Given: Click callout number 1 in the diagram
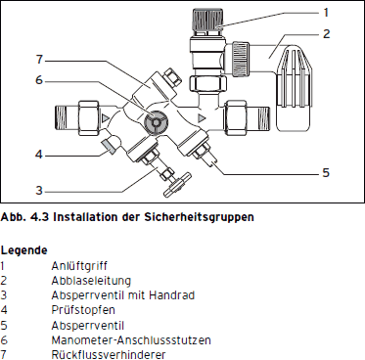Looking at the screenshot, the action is pyautogui.click(x=326, y=13).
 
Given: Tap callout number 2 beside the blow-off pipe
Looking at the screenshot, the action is pyautogui.click(x=327, y=33).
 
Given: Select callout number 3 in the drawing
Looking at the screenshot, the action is pyautogui.click(x=39, y=190).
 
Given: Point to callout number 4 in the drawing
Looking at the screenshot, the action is pyautogui.click(x=39, y=155).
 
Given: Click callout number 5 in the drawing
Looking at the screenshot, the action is pyautogui.click(x=326, y=173).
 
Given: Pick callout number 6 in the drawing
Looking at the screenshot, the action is pyautogui.click(x=39, y=80).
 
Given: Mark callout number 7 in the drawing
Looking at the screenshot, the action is pyautogui.click(x=39, y=60).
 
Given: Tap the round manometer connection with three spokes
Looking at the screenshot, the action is pyautogui.click(x=156, y=122).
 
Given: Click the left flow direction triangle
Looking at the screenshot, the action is pyautogui.click(x=105, y=117).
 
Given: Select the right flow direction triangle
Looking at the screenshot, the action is pyautogui.click(x=202, y=118).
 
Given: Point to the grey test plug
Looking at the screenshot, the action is pyautogui.click(x=109, y=146).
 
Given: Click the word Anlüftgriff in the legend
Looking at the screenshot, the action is pyautogui.click(x=79, y=266).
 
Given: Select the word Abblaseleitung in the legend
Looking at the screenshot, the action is pyautogui.click(x=91, y=281).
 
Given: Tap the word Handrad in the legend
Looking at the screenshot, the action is pyautogui.click(x=172, y=295).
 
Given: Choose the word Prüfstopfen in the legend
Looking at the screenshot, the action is pyautogui.click(x=83, y=310).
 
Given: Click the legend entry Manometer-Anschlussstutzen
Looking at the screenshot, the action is pyautogui.click(x=131, y=340).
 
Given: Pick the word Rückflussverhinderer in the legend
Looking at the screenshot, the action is pyautogui.click(x=109, y=355).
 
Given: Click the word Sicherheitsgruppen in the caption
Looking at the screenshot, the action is pyautogui.click(x=199, y=217).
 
